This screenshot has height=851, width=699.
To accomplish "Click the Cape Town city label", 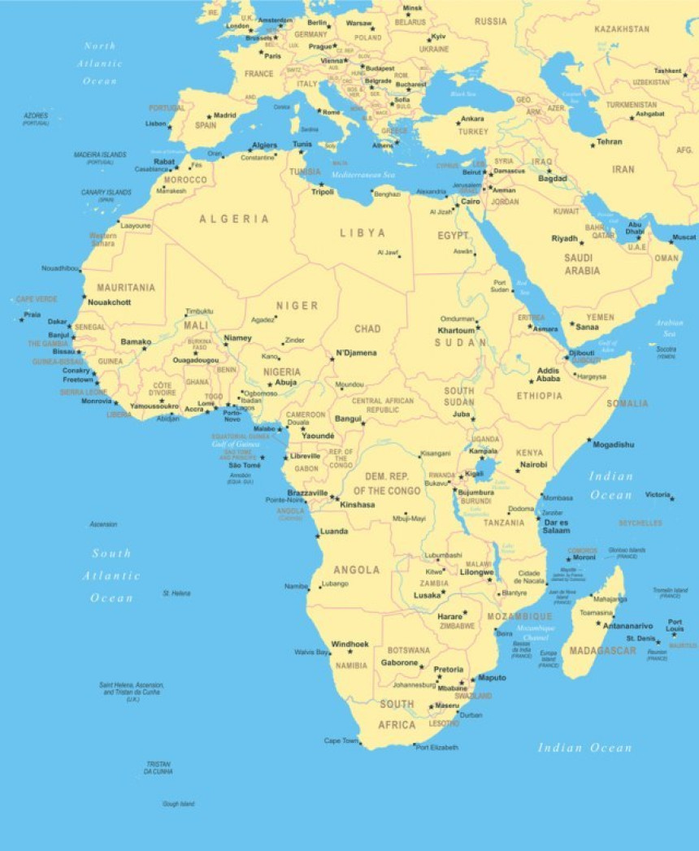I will [x=341, y=740].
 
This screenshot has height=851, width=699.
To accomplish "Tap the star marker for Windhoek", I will [x=350, y=652].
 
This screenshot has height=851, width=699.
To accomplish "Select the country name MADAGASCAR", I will [x=602, y=650].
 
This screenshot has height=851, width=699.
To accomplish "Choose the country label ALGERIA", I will [x=234, y=219].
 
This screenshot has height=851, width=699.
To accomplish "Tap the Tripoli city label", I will [x=323, y=192].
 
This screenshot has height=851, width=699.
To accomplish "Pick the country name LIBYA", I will [x=363, y=232].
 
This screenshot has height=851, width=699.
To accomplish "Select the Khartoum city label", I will [x=456, y=331].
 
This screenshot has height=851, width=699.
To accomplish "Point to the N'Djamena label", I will [x=356, y=353].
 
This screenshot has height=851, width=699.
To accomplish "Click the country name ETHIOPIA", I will [x=539, y=396].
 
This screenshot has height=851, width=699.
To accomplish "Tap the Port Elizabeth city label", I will [x=437, y=747].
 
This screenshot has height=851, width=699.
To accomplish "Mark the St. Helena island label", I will [x=176, y=593].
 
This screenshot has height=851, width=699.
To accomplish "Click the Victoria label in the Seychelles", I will [x=658, y=494].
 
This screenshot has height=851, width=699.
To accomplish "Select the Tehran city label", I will [x=610, y=142].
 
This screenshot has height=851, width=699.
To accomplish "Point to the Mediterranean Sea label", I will [x=363, y=174].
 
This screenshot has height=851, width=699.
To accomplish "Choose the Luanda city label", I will [x=334, y=532].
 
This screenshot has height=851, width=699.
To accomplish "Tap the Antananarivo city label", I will [x=627, y=626].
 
